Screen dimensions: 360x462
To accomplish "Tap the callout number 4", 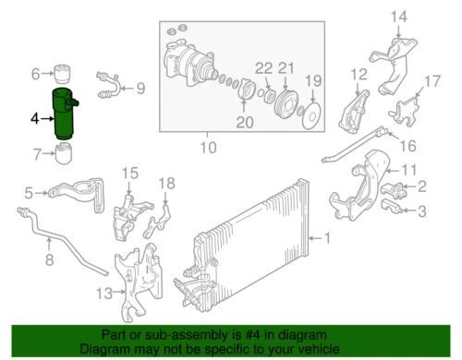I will (34, 119).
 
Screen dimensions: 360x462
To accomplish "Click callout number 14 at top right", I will (398, 16).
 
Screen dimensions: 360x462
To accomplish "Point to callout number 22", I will (263, 68).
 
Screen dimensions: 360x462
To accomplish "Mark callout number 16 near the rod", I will (407, 145).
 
